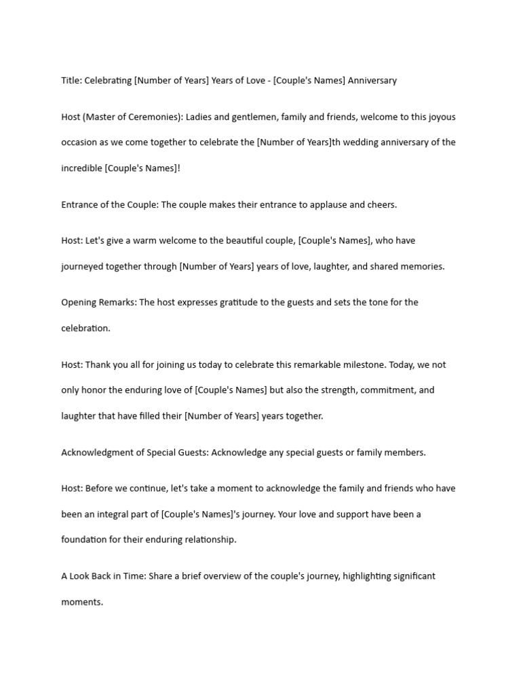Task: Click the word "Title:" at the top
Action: pyautogui.click(x=71, y=80)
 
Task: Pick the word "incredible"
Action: pyautogui.click(x=81, y=168)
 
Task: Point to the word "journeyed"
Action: pyautogui.click(x=83, y=266)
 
